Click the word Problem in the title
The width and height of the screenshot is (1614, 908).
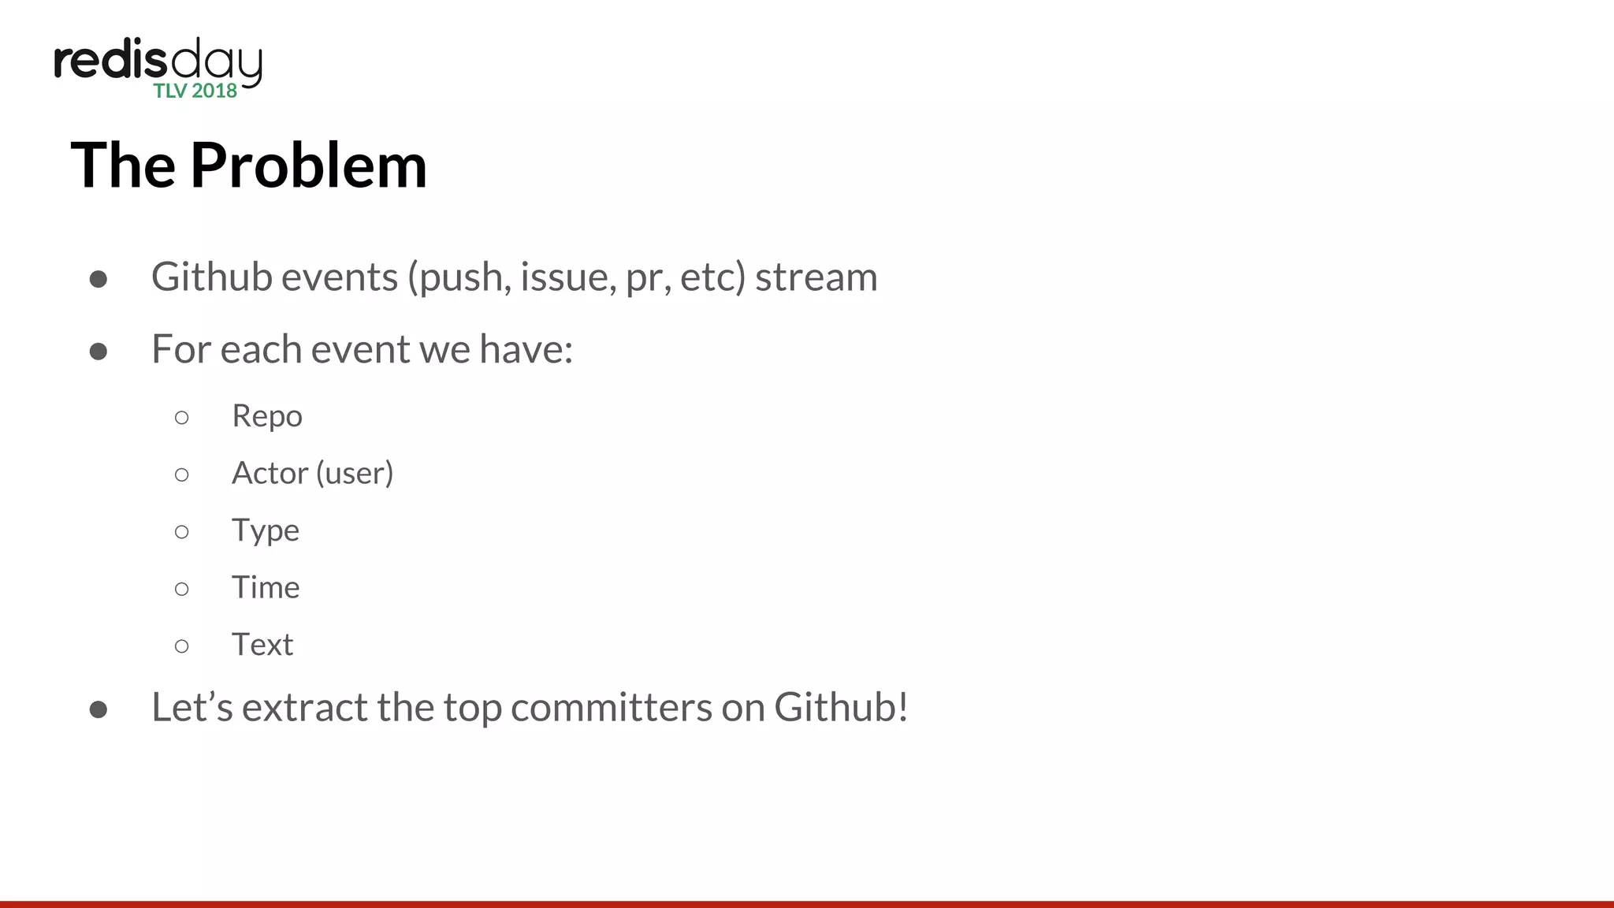point(308,166)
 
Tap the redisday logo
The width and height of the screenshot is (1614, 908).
point(158,63)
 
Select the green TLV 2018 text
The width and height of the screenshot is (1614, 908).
point(195,91)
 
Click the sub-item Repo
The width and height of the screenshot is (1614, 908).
point(266,416)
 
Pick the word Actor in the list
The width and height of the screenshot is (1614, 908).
point(270,473)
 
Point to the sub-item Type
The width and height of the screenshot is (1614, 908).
point(265,530)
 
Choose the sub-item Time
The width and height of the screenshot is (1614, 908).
point(266,588)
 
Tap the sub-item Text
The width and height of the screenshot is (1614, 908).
point(262,645)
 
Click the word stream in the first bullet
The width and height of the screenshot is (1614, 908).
point(816,277)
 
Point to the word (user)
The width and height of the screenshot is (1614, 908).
point(354,473)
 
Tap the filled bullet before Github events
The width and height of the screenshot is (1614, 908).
point(99,279)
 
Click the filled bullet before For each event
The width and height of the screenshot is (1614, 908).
point(99,351)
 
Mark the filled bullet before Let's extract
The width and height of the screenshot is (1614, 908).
point(99,709)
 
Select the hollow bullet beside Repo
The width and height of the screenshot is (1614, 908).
point(182,418)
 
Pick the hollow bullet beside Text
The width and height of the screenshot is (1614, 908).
point(182,646)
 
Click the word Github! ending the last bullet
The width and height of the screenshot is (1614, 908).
point(841,707)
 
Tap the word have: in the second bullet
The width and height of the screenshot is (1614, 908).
point(526,349)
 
